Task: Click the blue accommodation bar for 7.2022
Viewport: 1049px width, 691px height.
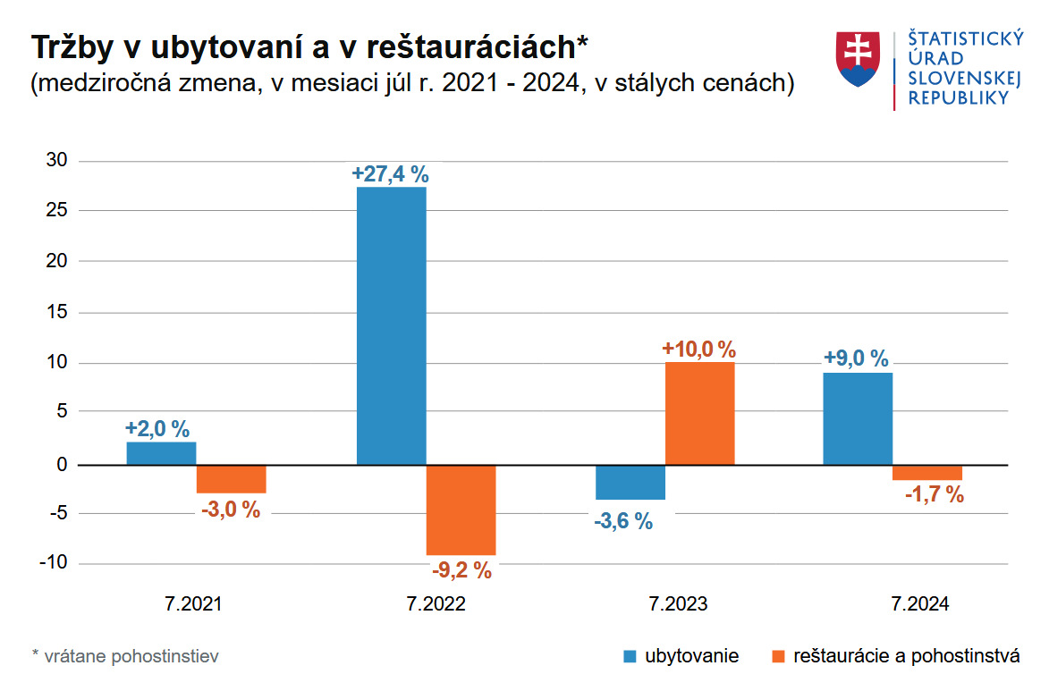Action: pos(391,325)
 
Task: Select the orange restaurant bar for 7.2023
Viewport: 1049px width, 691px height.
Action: pos(699,413)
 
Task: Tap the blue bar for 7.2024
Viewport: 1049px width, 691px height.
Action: pos(857,418)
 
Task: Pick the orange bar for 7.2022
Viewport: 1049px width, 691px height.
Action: pos(461,510)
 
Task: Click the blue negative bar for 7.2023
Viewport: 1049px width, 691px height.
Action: pos(630,482)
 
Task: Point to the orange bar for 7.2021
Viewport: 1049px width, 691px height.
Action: pos(231,479)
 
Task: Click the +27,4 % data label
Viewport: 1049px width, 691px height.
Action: pos(391,173)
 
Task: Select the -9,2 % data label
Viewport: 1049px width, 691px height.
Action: pos(461,569)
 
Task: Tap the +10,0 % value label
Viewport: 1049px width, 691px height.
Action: pos(698,349)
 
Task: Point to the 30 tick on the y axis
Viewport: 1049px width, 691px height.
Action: pos(57,161)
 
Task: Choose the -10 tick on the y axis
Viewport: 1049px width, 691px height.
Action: pos(55,563)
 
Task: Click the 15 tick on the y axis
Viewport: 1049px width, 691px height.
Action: pos(57,313)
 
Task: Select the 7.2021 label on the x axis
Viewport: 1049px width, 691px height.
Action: pos(192,604)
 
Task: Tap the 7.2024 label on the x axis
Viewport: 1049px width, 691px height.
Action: pos(920,604)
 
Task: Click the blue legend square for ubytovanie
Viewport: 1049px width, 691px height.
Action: pos(630,657)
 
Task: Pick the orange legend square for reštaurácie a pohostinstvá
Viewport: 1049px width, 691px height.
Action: pos(777,657)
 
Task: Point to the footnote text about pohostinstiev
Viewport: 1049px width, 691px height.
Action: pos(125,657)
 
